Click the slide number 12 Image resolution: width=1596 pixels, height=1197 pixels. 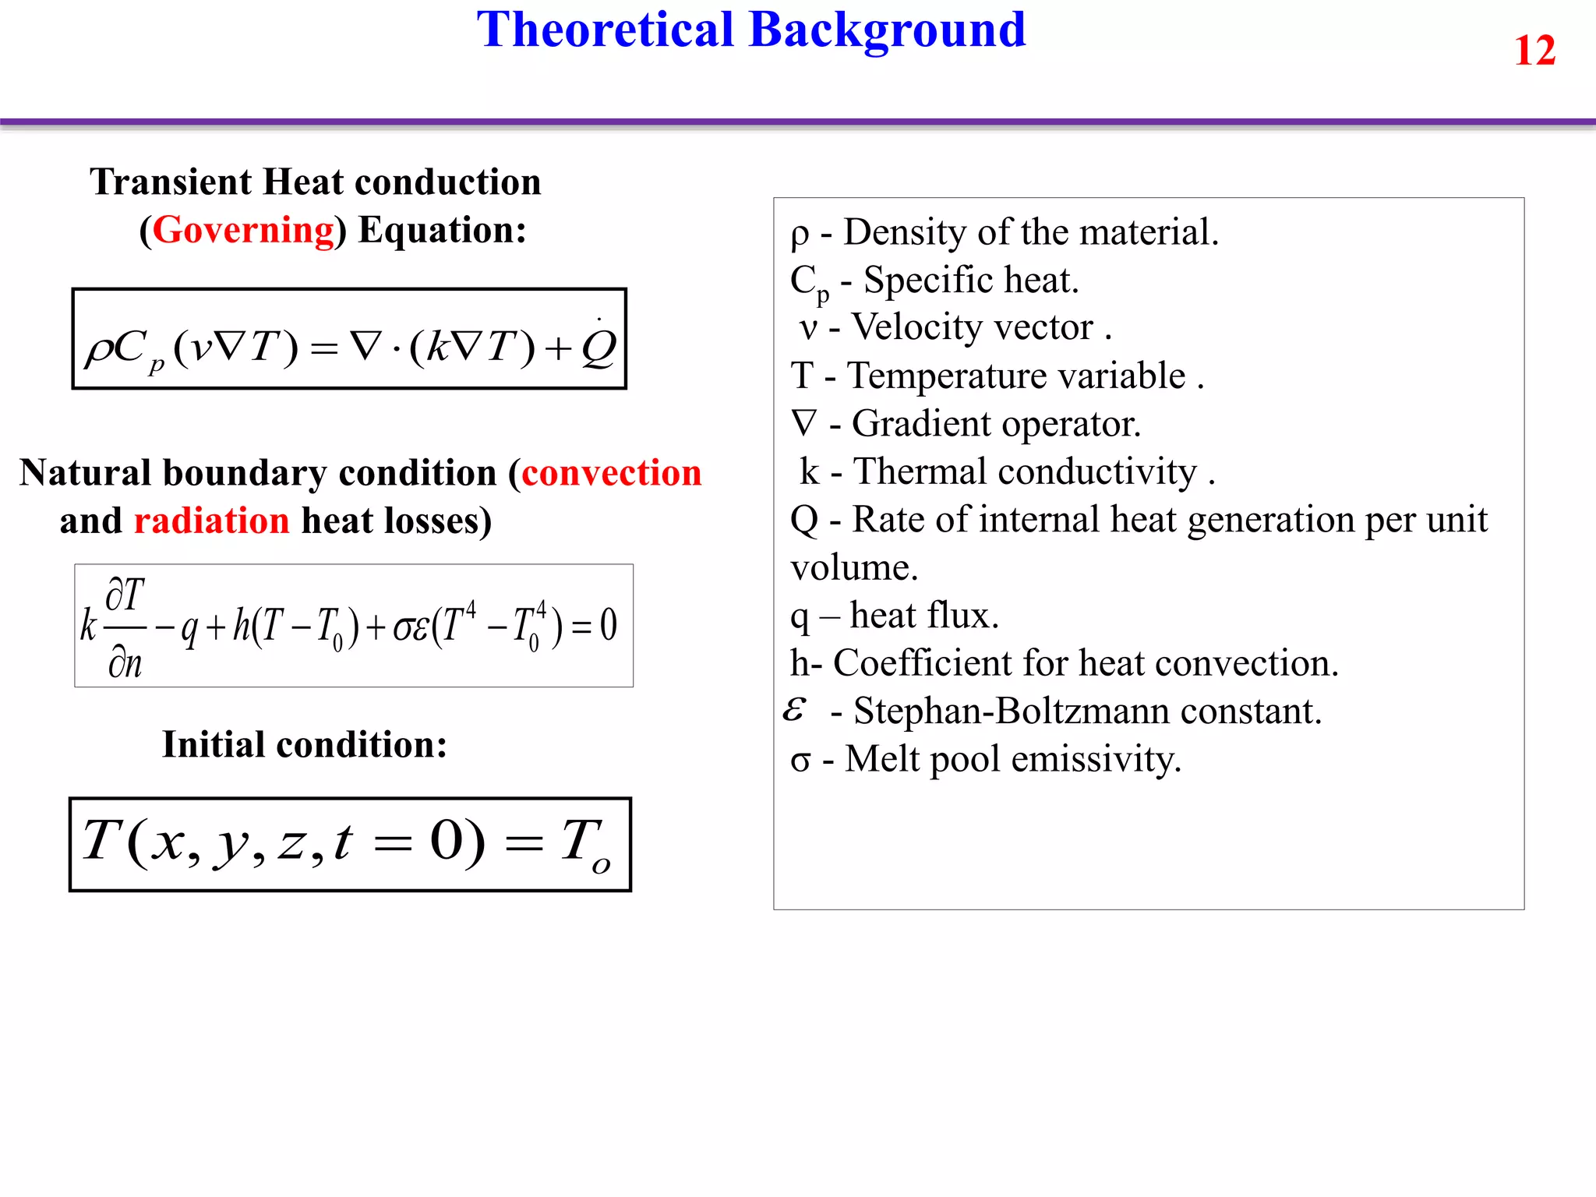(x=1534, y=51)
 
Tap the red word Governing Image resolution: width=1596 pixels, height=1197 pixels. (x=243, y=230)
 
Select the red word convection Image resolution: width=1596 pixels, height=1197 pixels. (x=611, y=473)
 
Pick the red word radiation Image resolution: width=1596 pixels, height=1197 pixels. (x=211, y=521)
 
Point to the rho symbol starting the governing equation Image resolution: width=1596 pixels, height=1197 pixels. (x=99, y=348)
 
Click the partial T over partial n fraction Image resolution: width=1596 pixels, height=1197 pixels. (x=125, y=627)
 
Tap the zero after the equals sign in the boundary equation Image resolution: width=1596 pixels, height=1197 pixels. (x=608, y=625)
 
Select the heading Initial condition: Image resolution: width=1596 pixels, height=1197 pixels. (x=305, y=744)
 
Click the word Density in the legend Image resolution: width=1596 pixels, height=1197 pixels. (x=905, y=232)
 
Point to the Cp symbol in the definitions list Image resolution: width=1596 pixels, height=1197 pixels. (x=809, y=282)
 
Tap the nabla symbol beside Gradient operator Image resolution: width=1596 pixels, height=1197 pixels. (x=803, y=423)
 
